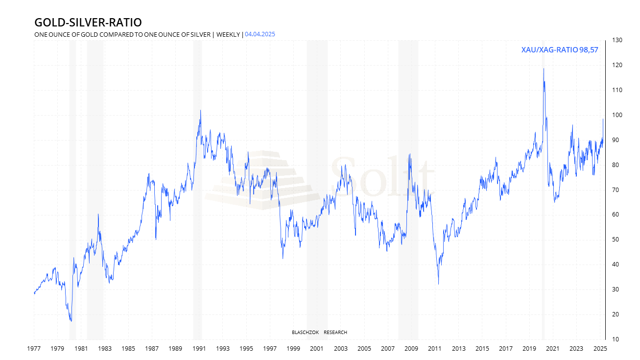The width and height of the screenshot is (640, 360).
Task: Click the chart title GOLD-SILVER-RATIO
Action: pos(88,23)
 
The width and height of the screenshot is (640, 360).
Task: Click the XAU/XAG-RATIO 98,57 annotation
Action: pos(560,50)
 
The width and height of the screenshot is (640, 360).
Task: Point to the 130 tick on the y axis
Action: pos(616,40)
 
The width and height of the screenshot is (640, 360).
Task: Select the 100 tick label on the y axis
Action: pos(616,115)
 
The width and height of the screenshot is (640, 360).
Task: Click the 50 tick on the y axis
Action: pos(615,240)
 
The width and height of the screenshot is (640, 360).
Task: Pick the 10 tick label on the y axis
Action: pos(615,339)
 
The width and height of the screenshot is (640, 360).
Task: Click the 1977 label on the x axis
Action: pos(34,349)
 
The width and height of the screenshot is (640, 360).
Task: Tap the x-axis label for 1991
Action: pos(199,349)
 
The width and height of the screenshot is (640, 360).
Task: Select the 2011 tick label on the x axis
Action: pos(435,349)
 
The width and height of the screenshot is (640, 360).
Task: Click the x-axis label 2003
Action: pos(340,349)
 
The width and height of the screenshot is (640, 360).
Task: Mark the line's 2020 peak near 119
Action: pos(543,69)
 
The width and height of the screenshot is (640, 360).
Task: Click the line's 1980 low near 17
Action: pos(71,321)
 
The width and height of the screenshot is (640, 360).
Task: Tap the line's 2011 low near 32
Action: pos(438,284)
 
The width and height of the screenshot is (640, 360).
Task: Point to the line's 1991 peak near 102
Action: pos(200,110)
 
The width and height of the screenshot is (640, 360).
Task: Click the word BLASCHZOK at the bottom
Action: pos(305,333)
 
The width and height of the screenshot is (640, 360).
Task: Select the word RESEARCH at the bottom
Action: pos(335,333)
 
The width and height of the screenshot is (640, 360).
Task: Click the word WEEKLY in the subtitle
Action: pos(228,34)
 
